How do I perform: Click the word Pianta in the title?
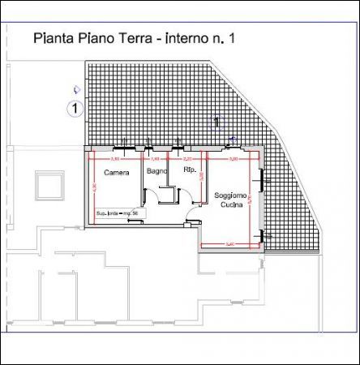[50, 37]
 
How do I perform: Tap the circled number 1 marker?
[75, 107]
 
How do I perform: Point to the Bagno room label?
[157, 171]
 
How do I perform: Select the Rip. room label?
[191, 171]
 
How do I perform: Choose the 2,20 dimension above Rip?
[188, 159]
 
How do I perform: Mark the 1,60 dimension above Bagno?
[156, 159]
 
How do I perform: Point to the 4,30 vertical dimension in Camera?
[93, 187]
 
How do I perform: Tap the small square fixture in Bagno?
[169, 194]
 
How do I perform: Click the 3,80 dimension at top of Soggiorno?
[234, 159]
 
